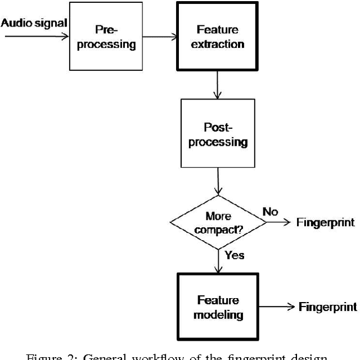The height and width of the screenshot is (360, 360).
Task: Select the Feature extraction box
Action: [x=217, y=37]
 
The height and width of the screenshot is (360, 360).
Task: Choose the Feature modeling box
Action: [x=217, y=307]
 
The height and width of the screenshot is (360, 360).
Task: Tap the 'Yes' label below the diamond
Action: [x=235, y=255]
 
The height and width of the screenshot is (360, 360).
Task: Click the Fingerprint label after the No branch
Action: [x=326, y=223]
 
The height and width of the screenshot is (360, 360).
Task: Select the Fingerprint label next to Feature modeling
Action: [x=328, y=307]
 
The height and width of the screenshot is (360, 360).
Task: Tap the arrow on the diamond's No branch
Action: [x=276, y=223]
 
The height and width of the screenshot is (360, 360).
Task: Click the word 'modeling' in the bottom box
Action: [x=217, y=314]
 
